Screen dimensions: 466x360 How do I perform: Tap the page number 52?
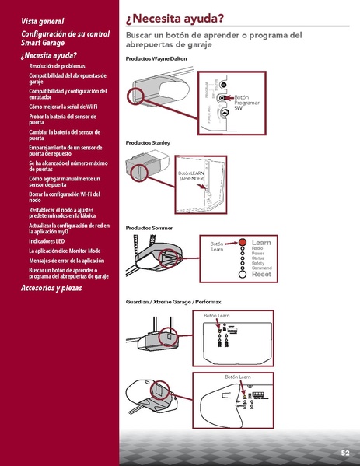click(x=344, y=452)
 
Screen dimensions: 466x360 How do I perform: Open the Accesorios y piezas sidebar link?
click(x=58, y=288)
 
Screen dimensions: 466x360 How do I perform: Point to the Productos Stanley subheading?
click(x=147, y=143)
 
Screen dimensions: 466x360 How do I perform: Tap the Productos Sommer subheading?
click(x=149, y=227)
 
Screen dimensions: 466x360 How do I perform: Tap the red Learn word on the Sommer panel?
click(x=261, y=243)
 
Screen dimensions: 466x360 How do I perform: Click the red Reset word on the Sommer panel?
click(x=261, y=275)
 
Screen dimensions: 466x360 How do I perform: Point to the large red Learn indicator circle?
click(x=242, y=243)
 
